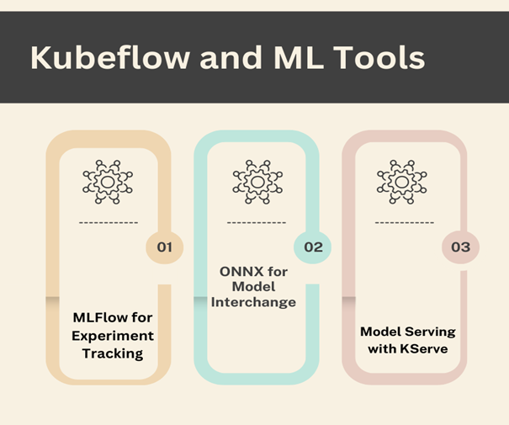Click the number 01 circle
click(x=164, y=247)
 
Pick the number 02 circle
click(x=312, y=247)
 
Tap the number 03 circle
click(x=461, y=247)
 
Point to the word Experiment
click(x=112, y=336)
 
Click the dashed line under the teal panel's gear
click(x=256, y=222)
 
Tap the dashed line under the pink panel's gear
click(x=404, y=222)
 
